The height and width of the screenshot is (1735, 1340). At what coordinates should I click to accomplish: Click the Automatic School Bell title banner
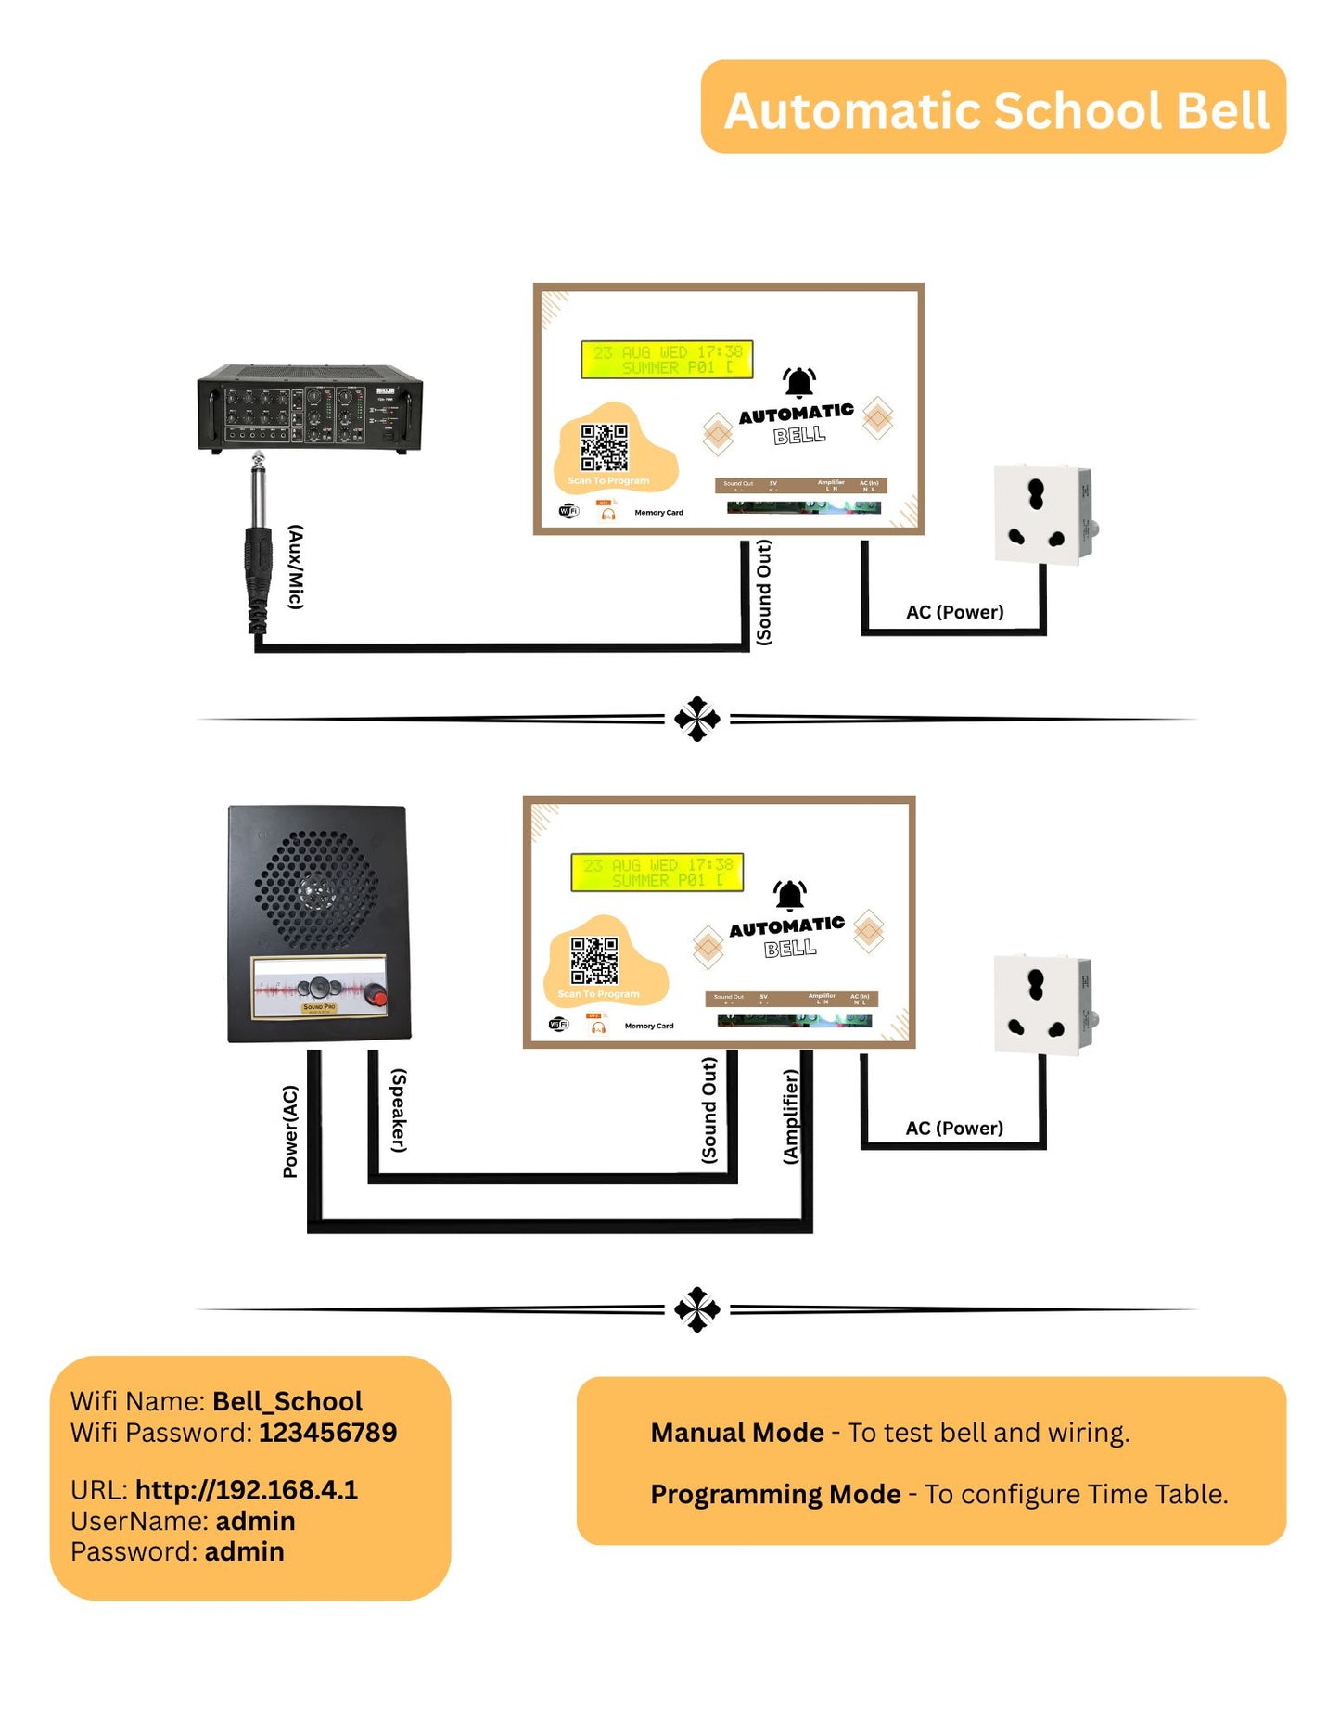993,108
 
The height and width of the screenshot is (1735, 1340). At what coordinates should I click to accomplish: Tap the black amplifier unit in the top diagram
310,408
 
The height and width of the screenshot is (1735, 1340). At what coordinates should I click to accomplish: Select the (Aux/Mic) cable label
296,567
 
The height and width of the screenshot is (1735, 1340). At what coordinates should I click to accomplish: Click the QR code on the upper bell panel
604,447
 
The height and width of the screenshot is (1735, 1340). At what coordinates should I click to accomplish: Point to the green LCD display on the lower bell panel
657,873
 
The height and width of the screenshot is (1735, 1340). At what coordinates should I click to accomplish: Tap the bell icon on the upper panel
798,381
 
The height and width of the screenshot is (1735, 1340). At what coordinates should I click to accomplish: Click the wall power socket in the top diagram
1042,515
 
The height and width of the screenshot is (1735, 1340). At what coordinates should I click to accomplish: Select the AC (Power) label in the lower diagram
954,1128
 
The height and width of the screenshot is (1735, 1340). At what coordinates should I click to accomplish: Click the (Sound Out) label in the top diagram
763,593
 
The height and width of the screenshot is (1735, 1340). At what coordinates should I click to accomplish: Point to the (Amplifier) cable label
790,1116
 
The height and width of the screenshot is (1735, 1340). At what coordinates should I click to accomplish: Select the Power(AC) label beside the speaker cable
290,1131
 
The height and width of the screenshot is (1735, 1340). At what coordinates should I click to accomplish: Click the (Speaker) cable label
399,1111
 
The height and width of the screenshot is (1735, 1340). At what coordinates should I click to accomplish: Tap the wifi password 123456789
327,1432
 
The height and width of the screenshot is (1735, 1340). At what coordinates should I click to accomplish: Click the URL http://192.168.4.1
246,1489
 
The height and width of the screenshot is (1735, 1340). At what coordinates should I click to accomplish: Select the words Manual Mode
736,1433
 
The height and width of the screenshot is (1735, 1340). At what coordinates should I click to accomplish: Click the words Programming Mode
775,1494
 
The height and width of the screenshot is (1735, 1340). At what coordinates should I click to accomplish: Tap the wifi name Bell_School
287,1400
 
